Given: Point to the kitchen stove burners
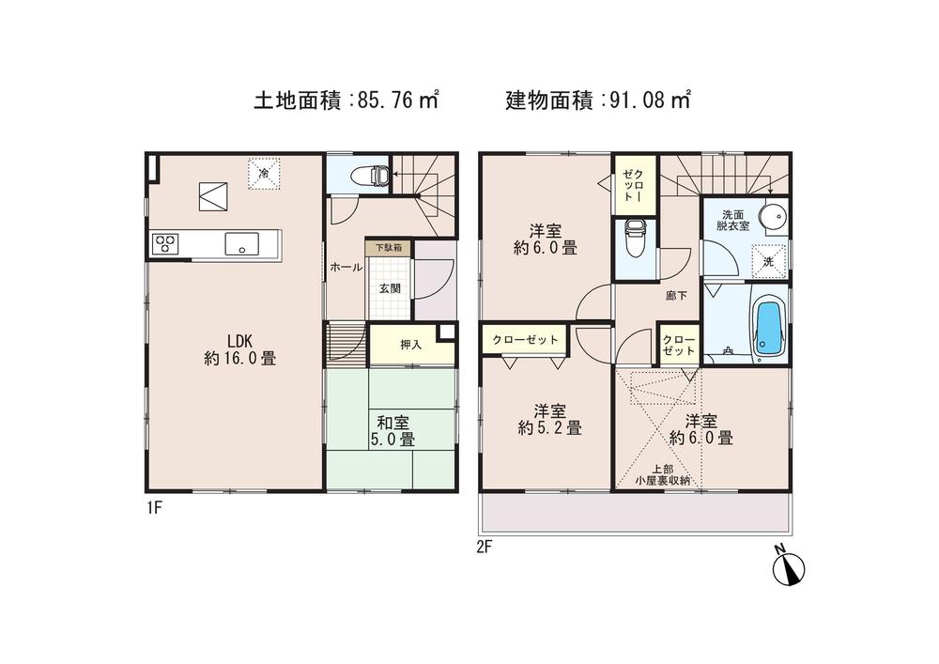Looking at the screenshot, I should coord(166,243).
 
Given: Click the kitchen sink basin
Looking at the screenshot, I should coord(241,243).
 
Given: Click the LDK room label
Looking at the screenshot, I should coord(238,340).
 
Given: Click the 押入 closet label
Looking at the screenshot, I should coord(410,345).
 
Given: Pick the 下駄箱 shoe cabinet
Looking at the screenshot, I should coord(388,248).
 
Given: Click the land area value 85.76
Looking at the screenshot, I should coord(387,99).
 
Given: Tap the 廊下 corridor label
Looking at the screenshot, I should coord(676,296).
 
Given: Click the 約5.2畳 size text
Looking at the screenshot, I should coord(548,428).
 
